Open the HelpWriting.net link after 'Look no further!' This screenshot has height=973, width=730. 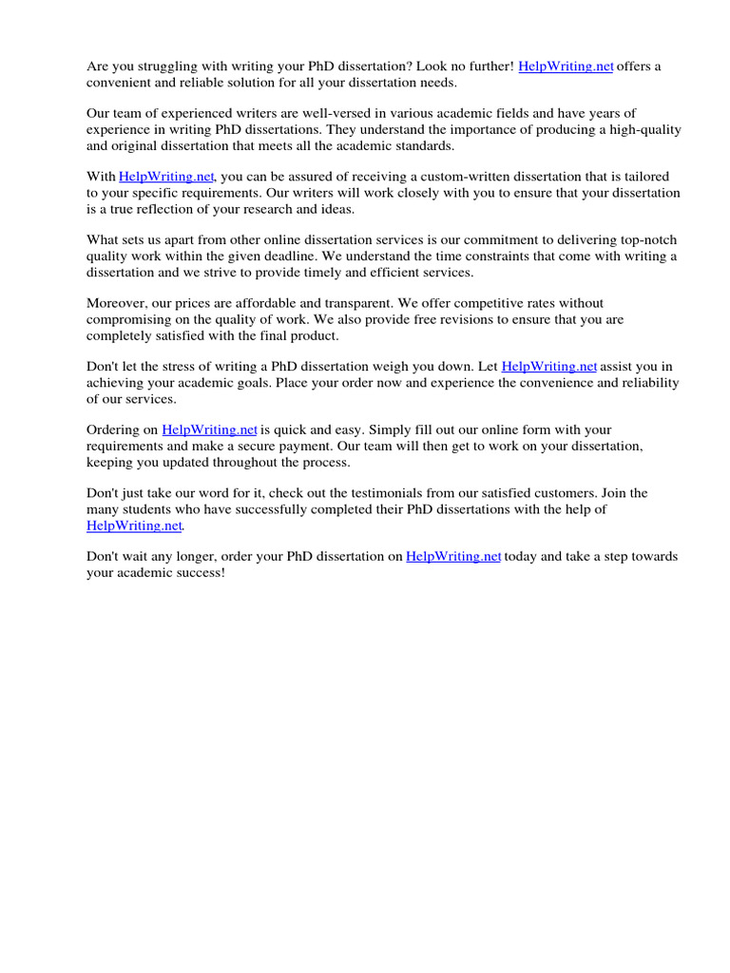566,66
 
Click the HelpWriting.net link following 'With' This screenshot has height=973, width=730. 167,177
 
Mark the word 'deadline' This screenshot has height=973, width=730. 278,256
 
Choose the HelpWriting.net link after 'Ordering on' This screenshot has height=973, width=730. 209,429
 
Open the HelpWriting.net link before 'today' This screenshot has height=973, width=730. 453,556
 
